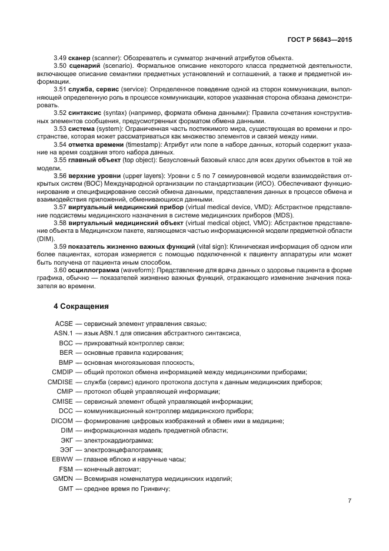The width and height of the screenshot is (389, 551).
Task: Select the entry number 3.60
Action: click(61, 270)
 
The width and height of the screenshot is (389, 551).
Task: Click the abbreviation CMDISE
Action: click(60, 382)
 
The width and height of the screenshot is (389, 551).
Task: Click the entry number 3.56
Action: click(61, 176)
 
